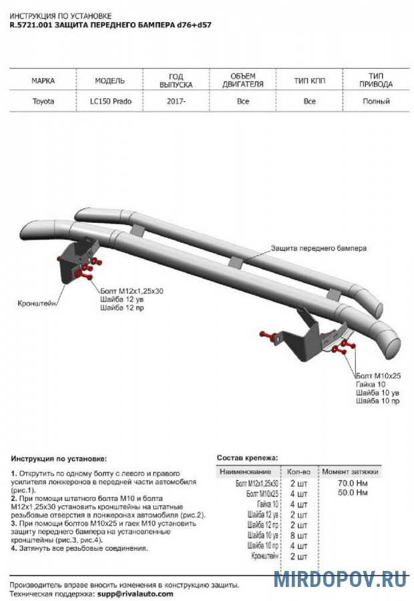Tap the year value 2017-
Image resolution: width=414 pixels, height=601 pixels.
[176, 102]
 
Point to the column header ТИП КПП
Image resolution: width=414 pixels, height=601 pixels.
[309, 81]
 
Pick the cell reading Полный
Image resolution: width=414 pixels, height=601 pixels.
[376, 102]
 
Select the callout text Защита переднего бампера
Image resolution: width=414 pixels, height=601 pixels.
[319, 248]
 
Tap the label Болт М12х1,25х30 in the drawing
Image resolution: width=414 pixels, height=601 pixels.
[132, 292]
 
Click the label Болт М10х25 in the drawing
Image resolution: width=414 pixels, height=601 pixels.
[378, 377]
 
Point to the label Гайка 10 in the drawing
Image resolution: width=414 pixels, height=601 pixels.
[371, 385]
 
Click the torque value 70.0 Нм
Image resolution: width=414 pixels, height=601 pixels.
[353, 482]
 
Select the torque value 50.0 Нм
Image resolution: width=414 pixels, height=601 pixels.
[353, 492]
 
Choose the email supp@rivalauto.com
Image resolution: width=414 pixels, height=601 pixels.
[134, 593]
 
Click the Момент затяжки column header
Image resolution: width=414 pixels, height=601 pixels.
[350, 471]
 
